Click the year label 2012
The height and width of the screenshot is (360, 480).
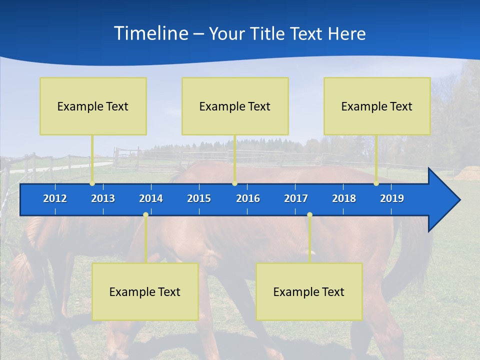55,198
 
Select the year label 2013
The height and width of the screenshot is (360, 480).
103,198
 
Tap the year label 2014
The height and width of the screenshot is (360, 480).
151,198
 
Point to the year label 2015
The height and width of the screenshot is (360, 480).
199,198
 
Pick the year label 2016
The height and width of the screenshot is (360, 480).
248,198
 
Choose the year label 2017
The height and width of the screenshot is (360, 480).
296,198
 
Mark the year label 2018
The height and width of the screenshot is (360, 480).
344,198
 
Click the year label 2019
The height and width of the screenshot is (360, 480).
392,198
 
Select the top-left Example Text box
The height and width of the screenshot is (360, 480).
93,106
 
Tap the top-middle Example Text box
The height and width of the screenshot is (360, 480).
235,106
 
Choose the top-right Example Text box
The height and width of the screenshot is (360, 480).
377,106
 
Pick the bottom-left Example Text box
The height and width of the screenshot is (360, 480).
145,292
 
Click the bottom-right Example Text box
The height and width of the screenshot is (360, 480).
309,292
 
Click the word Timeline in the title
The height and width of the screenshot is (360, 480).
150,33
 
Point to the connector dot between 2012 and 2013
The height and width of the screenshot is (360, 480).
92,183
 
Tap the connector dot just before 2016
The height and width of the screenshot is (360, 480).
235,183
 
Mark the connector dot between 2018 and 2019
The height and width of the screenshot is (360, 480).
376,183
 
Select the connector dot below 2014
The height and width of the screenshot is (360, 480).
145,215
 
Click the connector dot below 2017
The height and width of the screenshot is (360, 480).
309,215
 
